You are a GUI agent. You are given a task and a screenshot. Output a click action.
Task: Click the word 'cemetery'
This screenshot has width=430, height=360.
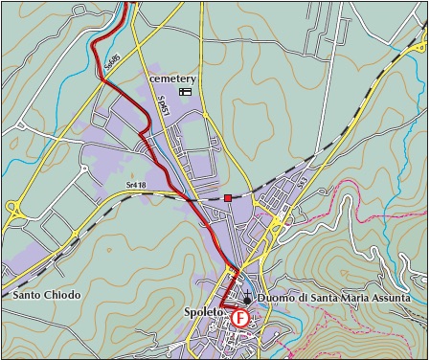point(172,79)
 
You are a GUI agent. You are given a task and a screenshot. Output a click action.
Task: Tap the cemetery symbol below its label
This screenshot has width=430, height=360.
point(185,92)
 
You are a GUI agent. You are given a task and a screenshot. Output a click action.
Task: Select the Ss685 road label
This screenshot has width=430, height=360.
point(111,65)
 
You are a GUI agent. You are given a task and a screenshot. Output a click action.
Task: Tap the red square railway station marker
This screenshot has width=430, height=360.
point(227,198)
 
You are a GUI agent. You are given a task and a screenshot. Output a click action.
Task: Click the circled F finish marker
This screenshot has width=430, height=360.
point(240,318)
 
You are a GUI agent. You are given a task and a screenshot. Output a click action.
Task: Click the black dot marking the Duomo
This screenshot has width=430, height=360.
point(247,300)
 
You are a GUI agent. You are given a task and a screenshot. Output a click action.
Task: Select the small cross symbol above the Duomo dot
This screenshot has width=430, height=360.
point(247,289)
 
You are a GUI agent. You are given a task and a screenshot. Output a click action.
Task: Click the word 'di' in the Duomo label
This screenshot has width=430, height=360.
point(301,299)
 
